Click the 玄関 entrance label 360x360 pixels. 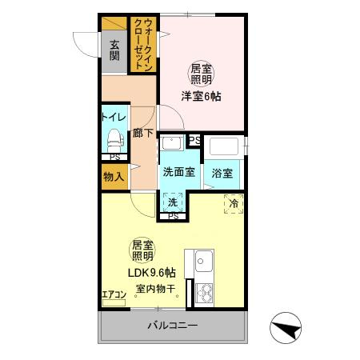[114, 50]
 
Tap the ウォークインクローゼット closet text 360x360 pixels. [144, 45]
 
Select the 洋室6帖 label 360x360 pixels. [201, 97]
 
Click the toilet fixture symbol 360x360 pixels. [115, 141]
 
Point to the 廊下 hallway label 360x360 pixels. [143, 133]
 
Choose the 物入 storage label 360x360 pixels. [114, 177]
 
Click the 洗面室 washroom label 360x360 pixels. [179, 172]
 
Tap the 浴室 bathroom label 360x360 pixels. [222, 174]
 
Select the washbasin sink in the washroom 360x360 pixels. [172, 143]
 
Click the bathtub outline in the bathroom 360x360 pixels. [224, 146]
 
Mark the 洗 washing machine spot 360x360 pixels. [173, 202]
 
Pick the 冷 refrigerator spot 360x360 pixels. [234, 204]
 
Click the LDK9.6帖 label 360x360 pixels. [152, 273]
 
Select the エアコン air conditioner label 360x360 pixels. [114, 294]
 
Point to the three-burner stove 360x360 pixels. [205, 294]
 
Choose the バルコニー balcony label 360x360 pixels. [173, 326]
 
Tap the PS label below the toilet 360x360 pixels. [115, 158]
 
